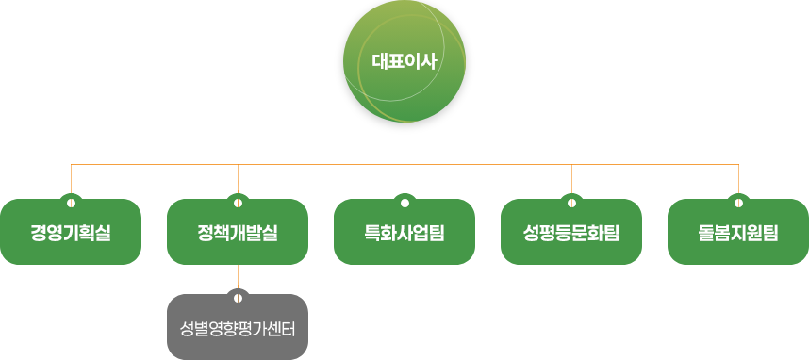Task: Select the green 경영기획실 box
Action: point(71,233)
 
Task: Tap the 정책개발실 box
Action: point(238,233)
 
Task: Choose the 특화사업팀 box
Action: point(404,233)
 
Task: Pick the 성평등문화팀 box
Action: point(571,233)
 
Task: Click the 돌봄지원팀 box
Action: point(738,233)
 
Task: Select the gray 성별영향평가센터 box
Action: point(238,329)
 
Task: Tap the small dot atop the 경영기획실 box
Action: point(71,201)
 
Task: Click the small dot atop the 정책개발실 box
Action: point(238,201)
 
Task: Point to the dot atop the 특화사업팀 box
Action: point(404,201)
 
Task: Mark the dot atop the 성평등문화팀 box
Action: point(571,201)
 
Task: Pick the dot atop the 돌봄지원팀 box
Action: point(738,201)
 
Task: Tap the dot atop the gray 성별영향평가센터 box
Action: point(238,297)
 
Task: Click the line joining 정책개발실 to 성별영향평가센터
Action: point(238,278)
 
